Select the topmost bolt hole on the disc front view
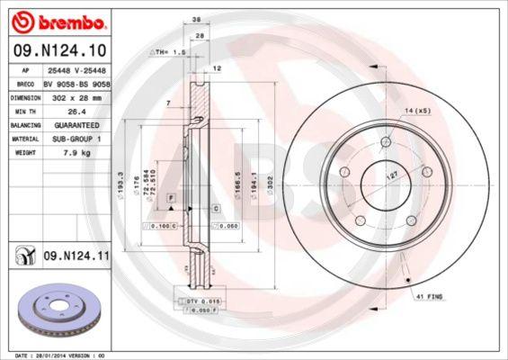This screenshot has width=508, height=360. tap(386, 141)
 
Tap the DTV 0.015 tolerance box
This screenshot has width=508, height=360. tap(200, 300)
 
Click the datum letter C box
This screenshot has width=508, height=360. tap(217, 208)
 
